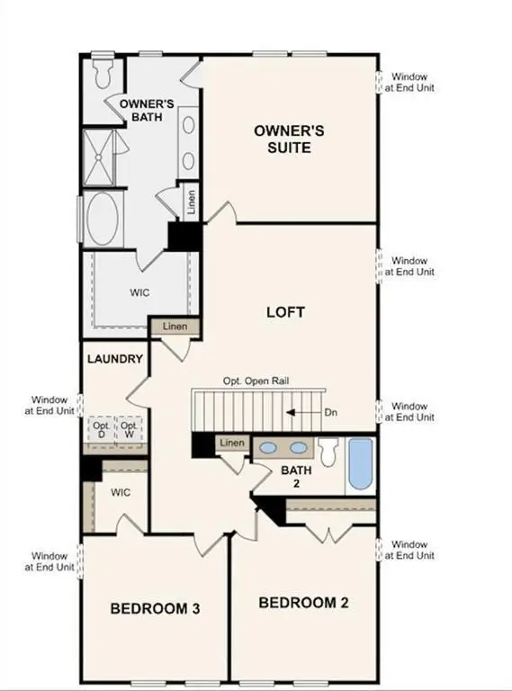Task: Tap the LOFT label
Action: pyautogui.click(x=285, y=312)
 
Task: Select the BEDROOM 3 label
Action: pyautogui.click(x=155, y=609)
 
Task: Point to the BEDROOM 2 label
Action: pyautogui.click(x=302, y=602)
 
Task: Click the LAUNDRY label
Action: pyautogui.click(x=115, y=359)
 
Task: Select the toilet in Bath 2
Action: pyautogui.click(x=328, y=449)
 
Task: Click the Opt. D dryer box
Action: pyautogui.click(x=101, y=429)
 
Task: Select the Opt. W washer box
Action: pyautogui.click(x=130, y=429)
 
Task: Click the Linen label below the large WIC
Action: pyautogui.click(x=175, y=326)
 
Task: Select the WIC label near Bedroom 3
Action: pyautogui.click(x=121, y=493)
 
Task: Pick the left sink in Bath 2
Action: pyautogui.click(x=268, y=446)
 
